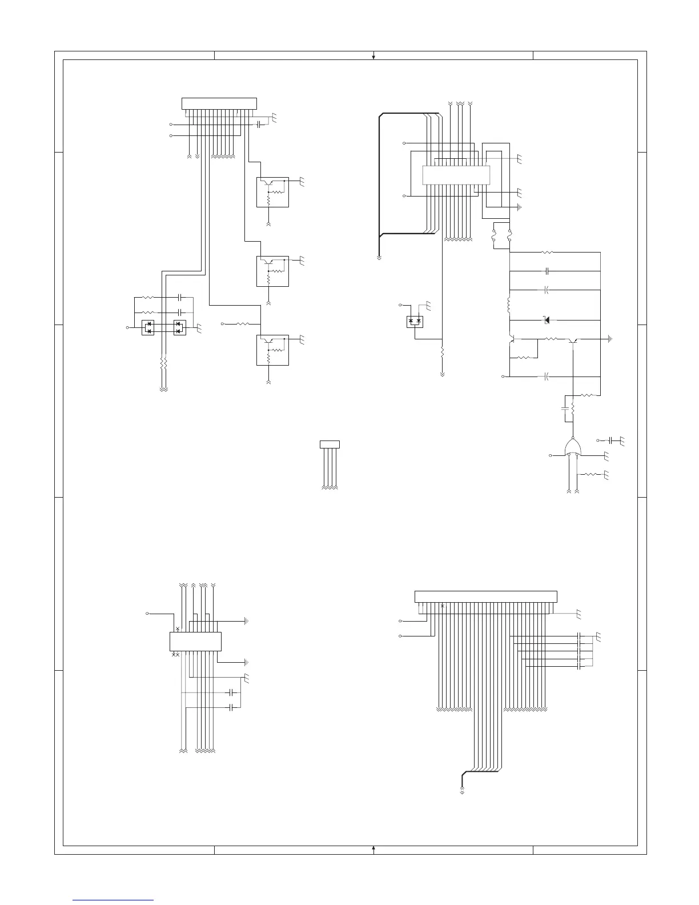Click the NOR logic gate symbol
click(x=573, y=447)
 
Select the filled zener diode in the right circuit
click(x=547, y=320)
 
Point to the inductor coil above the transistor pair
click(x=509, y=305)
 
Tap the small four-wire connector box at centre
click(x=330, y=444)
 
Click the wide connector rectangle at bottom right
click(x=485, y=596)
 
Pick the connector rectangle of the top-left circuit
click(x=219, y=103)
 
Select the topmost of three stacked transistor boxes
click(x=272, y=192)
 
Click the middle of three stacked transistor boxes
click(x=272, y=271)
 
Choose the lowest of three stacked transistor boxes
click(x=272, y=350)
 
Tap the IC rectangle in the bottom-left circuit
click(x=195, y=641)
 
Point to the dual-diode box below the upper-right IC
click(x=415, y=322)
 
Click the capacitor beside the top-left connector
click(x=260, y=124)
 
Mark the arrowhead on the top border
click(x=373, y=56)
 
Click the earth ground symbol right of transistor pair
click(x=610, y=339)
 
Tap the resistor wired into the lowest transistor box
click(x=242, y=324)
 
